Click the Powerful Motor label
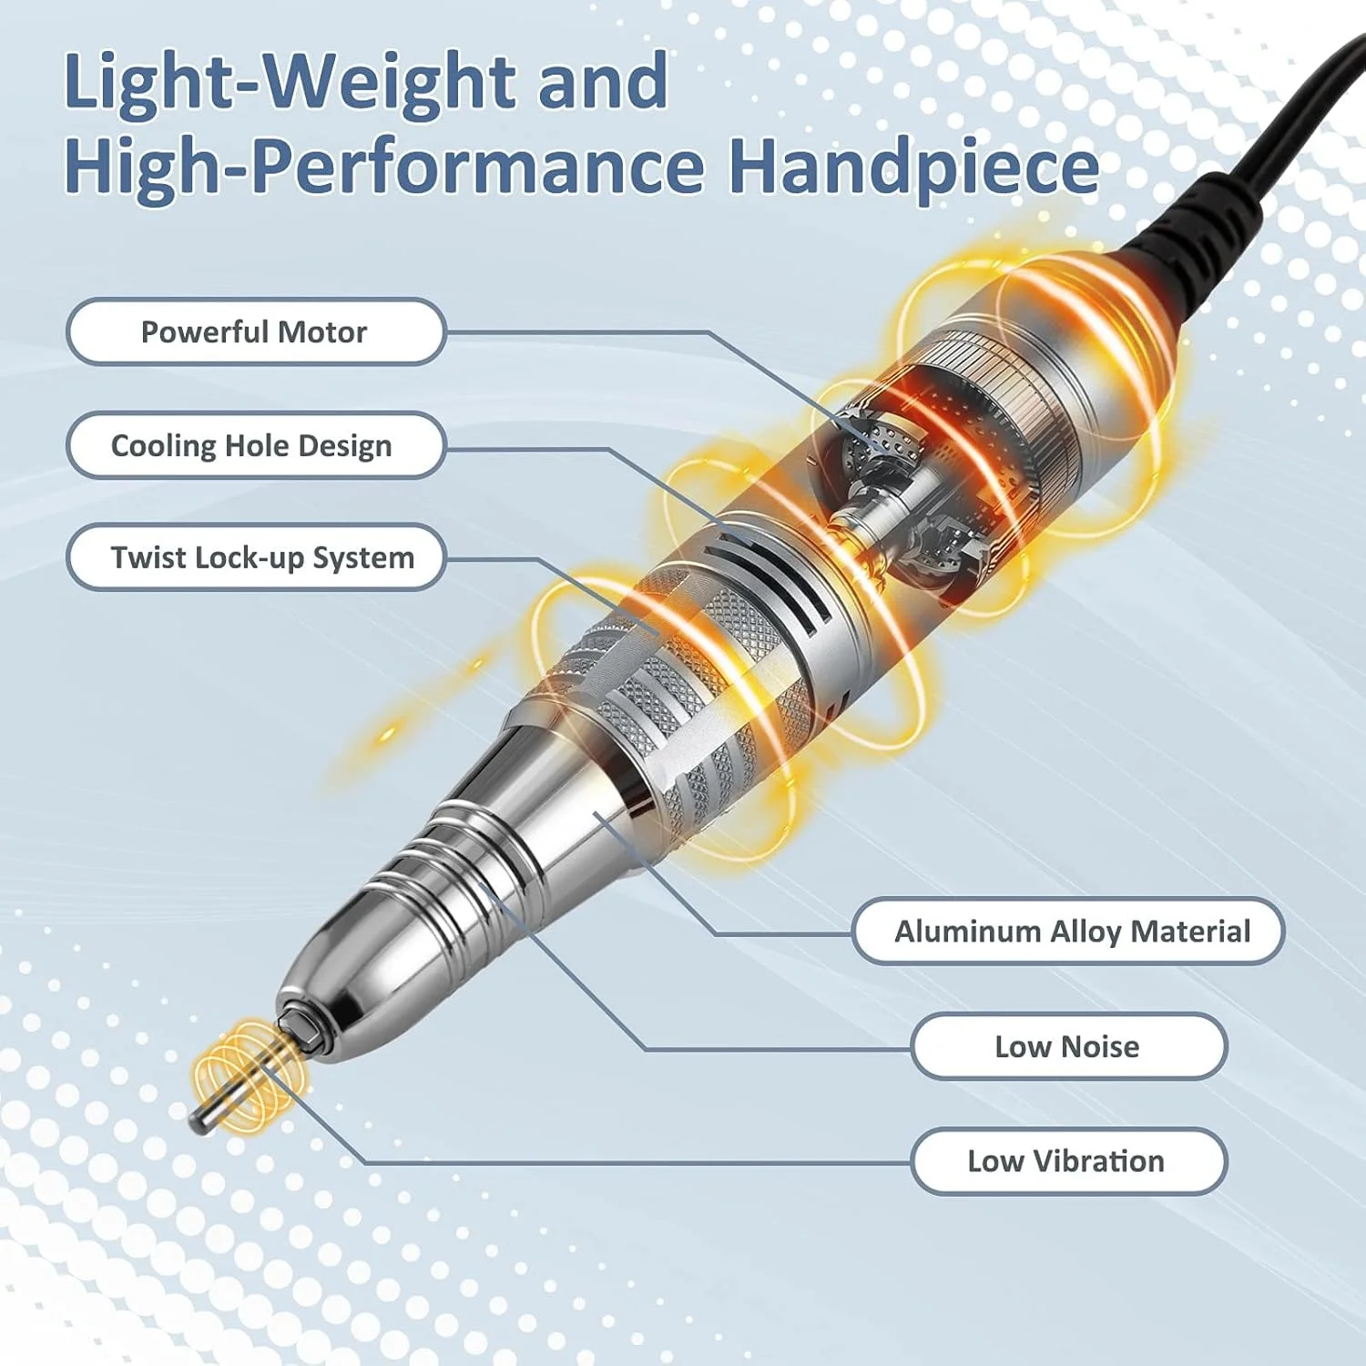(x=255, y=331)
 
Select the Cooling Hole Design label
(x=255, y=445)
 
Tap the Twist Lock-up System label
(x=255, y=557)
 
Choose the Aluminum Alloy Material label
(x=1068, y=931)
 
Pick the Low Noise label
(x=1068, y=1046)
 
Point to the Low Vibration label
(x=1068, y=1161)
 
